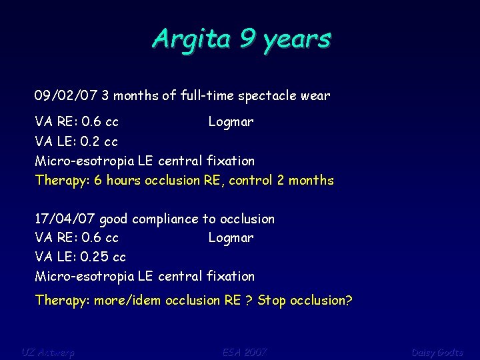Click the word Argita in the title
[x=190, y=39]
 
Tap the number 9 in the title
[x=246, y=39]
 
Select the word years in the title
[x=297, y=40]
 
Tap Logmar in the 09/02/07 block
[x=231, y=122]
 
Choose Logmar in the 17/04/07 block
[x=231, y=237]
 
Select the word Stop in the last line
[x=271, y=300]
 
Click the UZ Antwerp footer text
[x=48, y=351]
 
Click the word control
[x=263, y=180]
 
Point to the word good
[x=114, y=219]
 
